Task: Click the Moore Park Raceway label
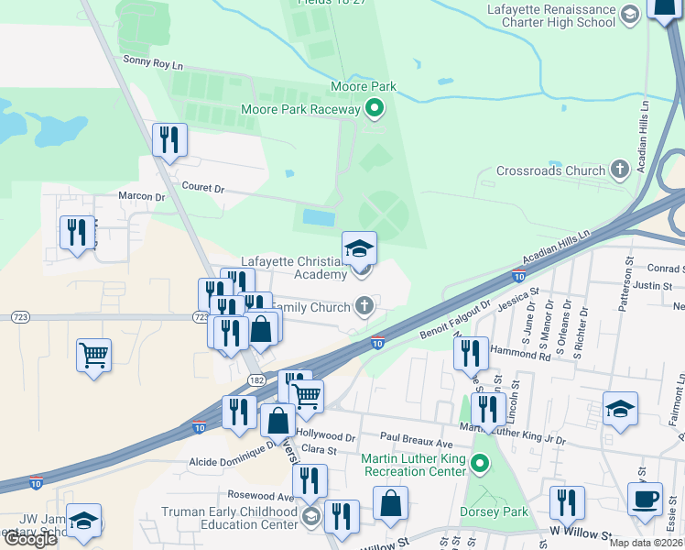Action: click(x=300, y=110)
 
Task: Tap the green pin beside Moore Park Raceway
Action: click(x=375, y=110)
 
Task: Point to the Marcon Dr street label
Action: click(x=141, y=196)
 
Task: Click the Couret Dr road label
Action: click(x=204, y=188)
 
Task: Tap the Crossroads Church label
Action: click(x=550, y=170)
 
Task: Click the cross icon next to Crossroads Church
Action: click(x=619, y=170)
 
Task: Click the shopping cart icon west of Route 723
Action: click(x=94, y=354)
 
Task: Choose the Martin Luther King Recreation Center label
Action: click(x=414, y=465)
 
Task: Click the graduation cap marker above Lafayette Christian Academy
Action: click(x=359, y=247)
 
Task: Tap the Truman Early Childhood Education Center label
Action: click(x=229, y=518)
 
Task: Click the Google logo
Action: click(x=30, y=539)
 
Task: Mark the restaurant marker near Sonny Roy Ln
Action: click(x=169, y=139)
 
